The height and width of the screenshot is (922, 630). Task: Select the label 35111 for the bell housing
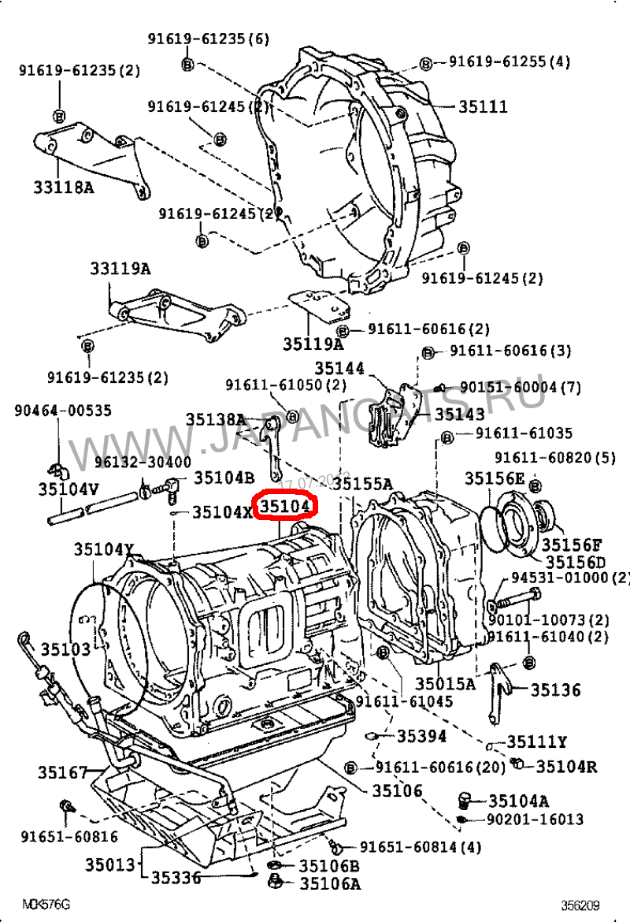tap(483, 106)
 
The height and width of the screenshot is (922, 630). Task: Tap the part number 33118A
tap(64, 187)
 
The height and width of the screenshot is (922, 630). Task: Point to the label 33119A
tap(119, 269)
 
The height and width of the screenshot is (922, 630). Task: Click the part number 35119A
tap(313, 344)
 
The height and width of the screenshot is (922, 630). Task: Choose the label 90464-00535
tap(64, 411)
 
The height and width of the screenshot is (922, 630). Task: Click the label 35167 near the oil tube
tap(63, 772)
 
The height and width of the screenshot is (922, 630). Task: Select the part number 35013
tap(111, 864)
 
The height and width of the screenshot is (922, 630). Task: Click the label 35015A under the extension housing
tap(446, 683)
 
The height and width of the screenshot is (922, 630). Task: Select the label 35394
tap(421, 736)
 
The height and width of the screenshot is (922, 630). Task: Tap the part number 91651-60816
tap(70, 837)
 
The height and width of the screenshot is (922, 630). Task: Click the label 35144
tap(340, 368)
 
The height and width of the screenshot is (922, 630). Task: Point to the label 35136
tap(555, 690)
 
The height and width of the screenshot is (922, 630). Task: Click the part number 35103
tap(66, 649)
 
